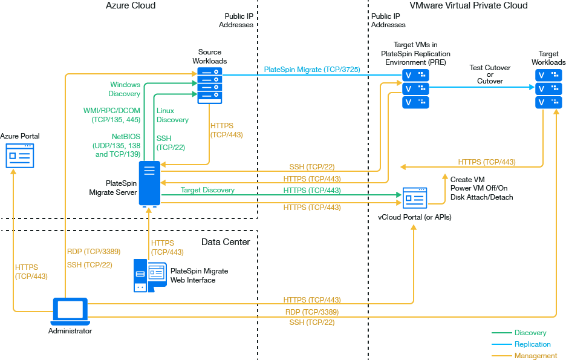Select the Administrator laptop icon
click(70, 311)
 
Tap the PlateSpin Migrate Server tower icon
click(149, 183)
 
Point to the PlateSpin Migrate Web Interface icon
click(149, 275)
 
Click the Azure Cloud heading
click(131, 5)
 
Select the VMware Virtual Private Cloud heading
click(468, 5)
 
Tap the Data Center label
click(226, 242)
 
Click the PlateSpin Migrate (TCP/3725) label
click(312, 70)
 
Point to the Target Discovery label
click(207, 190)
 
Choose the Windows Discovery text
click(125, 89)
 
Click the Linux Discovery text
click(172, 115)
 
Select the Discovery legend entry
click(530, 333)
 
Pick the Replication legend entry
click(532, 344)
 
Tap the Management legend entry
click(535, 356)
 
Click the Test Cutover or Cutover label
click(490, 74)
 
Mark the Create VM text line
click(467, 180)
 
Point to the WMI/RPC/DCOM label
click(112, 111)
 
